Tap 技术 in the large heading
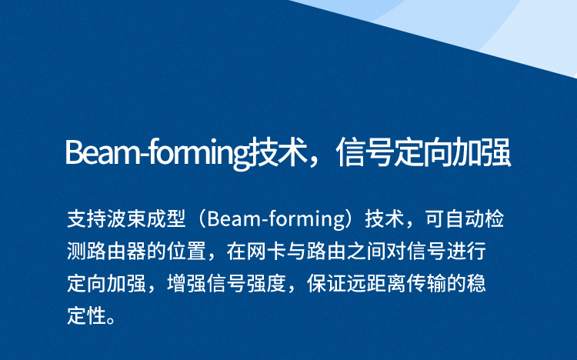[278, 152]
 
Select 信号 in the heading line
[365, 152]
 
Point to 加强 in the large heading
[482, 152]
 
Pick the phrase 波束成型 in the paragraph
[146, 218]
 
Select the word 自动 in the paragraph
[465, 218]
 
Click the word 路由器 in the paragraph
[116, 251]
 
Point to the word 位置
[186, 251]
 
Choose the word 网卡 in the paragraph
[265, 251]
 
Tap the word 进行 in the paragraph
[466, 251]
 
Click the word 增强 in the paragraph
[186, 283]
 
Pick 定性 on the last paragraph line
[86, 316]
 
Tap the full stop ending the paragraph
[110, 321]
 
